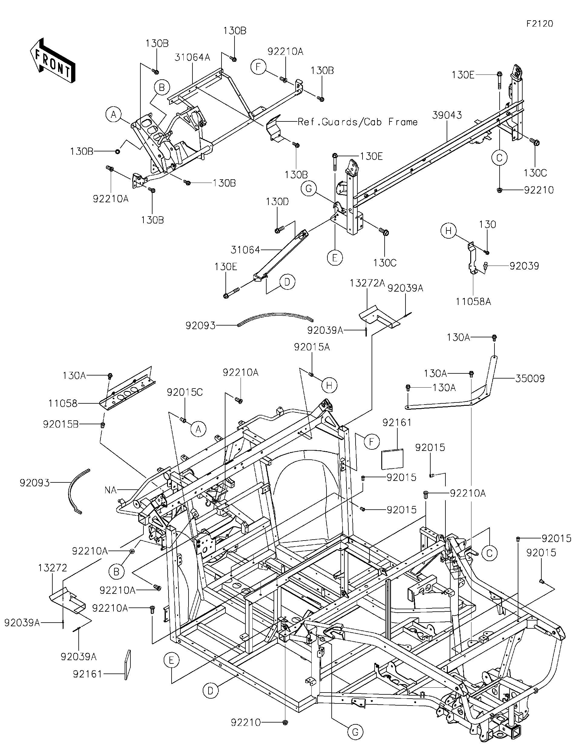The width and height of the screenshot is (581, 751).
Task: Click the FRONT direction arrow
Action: tap(53, 61)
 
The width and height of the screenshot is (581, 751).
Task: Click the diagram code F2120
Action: tap(540, 24)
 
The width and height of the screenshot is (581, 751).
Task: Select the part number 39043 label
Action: tap(447, 115)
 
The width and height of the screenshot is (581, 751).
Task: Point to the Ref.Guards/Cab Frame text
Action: tap(358, 122)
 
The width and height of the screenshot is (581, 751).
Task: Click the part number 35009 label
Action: tap(530, 379)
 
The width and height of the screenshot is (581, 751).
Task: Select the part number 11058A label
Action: tap(473, 302)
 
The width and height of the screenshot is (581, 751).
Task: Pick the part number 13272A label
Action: tap(367, 283)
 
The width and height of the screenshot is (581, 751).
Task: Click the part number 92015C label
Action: tap(185, 392)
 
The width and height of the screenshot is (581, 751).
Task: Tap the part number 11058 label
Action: tap(63, 403)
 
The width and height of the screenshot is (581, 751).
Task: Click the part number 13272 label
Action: tap(53, 568)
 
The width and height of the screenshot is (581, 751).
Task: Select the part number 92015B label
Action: tap(61, 424)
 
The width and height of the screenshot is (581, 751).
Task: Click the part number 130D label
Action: tap(277, 202)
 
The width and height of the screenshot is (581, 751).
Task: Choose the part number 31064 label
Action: tap(245, 250)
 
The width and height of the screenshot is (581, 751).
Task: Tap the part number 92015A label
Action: tap(312, 347)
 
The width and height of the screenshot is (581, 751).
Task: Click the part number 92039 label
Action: tap(524, 266)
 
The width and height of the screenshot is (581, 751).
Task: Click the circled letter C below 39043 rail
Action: tap(499, 158)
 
